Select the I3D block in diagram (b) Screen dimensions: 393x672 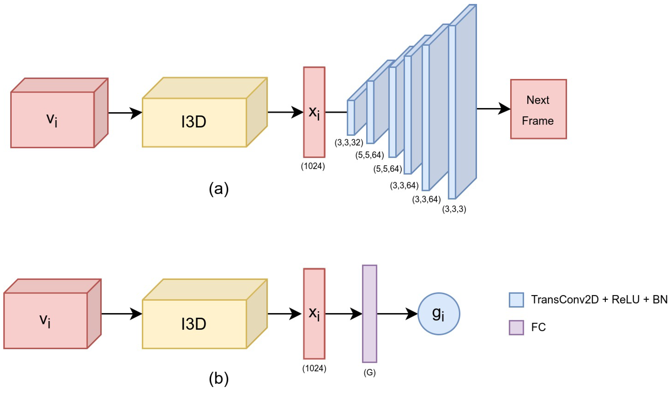(194, 324)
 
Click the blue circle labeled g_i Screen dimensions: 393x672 (439, 314)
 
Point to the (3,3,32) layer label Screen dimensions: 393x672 (349, 143)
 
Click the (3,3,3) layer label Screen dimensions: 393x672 (454, 209)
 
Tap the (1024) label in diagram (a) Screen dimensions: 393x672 (313, 166)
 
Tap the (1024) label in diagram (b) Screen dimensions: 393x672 (314, 368)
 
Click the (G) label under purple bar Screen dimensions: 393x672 (370, 373)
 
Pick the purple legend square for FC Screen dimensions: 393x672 (516, 327)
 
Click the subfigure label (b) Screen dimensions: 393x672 (219, 379)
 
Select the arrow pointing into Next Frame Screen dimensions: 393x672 (493, 109)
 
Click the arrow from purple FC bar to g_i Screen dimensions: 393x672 (397, 314)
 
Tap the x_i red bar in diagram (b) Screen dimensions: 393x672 (314, 314)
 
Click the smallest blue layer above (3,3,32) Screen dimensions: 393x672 (351, 118)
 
